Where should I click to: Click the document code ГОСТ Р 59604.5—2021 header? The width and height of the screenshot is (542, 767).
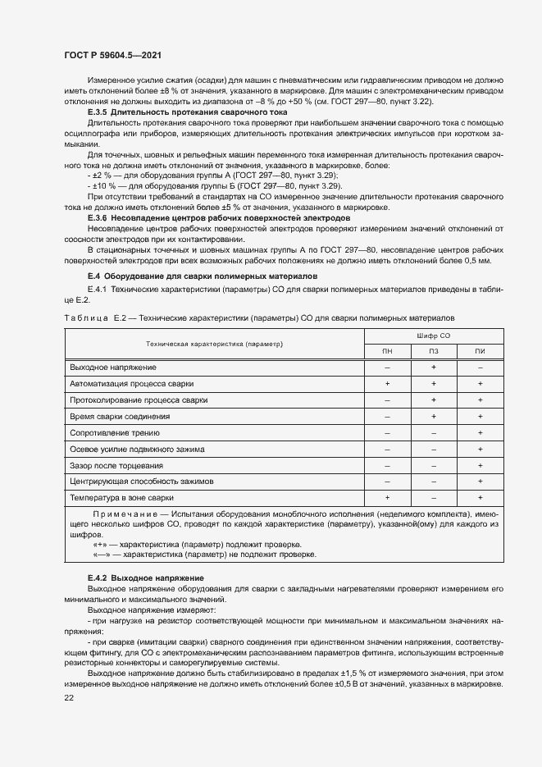tap(112, 53)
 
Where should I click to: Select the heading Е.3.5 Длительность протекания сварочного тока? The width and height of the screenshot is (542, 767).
tap(187, 110)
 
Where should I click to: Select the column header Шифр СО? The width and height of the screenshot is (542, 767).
tap(433, 336)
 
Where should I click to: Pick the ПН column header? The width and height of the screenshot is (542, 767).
tap(386, 351)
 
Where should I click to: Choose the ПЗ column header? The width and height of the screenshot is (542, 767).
tap(433, 351)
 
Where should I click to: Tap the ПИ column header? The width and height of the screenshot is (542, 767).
tap(480, 351)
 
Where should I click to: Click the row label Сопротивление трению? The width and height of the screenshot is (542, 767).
tap(115, 432)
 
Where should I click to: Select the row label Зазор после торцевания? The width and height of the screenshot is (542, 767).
tap(116, 465)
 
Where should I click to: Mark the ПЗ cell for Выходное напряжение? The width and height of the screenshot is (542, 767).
tap(433, 367)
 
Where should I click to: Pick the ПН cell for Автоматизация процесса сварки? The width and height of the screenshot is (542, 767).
tap(386, 383)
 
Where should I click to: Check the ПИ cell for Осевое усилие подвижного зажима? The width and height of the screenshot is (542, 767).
tap(480, 449)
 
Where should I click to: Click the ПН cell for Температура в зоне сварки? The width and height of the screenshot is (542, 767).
tap(386, 498)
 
